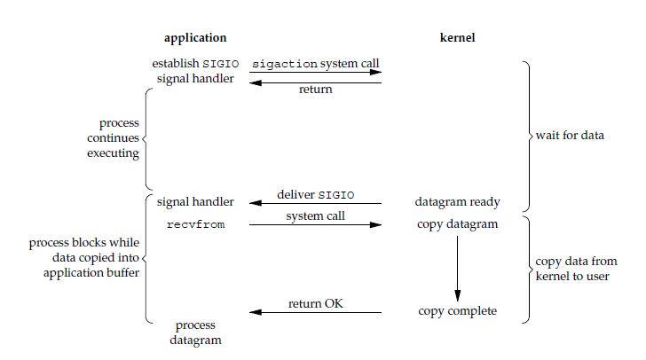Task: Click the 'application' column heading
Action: pos(195,38)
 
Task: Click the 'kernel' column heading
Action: pos(458,38)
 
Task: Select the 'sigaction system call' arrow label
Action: pos(316,64)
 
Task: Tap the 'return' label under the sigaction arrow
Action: pos(316,90)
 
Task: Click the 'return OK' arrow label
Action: pos(316,304)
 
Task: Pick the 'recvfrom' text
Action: pos(195,224)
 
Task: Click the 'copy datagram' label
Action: pos(458,224)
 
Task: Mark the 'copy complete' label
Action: pos(458,311)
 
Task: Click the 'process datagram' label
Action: pos(195,333)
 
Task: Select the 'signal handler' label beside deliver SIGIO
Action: pos(195,201)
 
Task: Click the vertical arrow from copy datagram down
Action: pos(458,266)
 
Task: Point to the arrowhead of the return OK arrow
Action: pos(255,312)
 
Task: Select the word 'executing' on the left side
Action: pos(114,153)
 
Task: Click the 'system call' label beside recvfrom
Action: pos(316,215)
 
